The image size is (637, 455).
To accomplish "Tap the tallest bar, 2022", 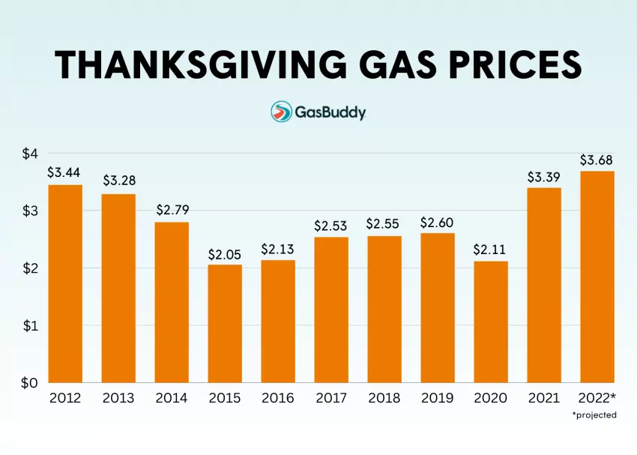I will (597, 277).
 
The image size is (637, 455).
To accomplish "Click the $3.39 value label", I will (544, 177).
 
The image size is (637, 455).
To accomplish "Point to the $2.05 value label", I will (225, 254).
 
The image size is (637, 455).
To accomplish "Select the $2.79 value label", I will (172, 211).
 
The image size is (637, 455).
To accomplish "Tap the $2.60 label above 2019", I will (437, 223).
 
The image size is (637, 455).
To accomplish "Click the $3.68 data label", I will (597, 160).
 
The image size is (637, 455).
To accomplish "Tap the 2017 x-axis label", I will (330, 398).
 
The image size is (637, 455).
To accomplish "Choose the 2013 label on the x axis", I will (118, 398).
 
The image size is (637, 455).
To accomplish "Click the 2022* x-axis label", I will (598, 398).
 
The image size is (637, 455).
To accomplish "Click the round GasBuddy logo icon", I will (281, 112).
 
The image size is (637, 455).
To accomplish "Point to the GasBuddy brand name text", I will (330, 112).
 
